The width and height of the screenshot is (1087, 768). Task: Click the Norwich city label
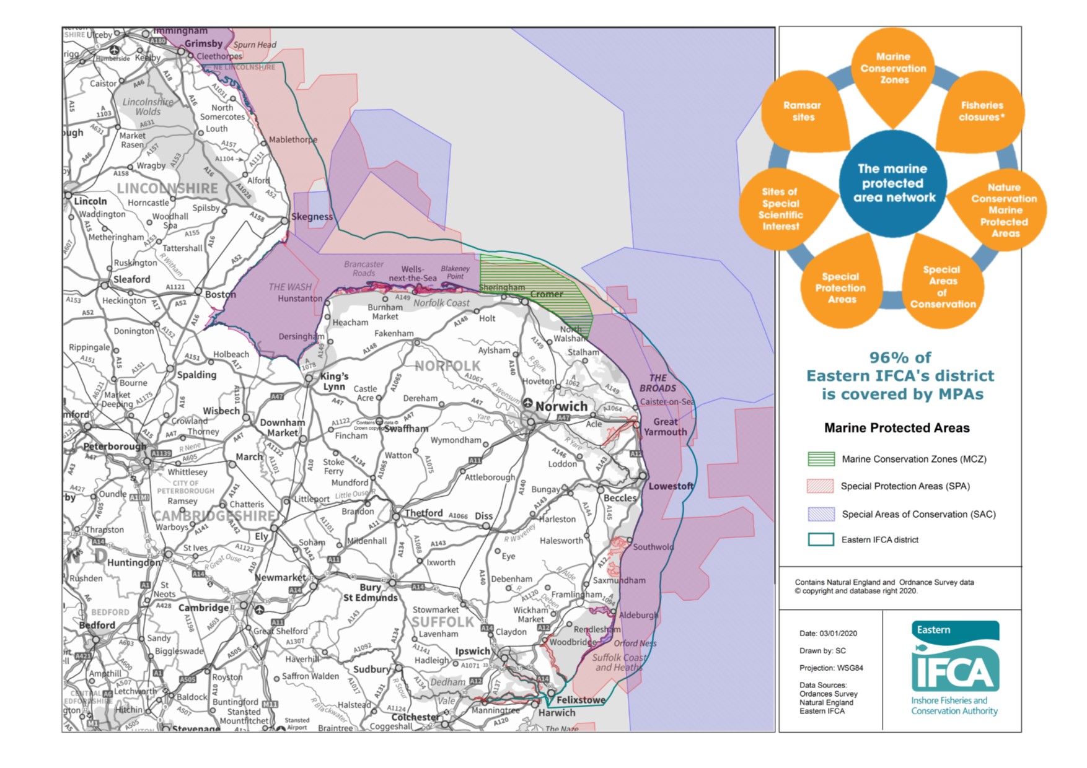click(x=561, y=406)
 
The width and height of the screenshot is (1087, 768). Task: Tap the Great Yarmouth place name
click(x=665, y=427)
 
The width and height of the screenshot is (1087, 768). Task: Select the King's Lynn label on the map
click(x=334, y=381)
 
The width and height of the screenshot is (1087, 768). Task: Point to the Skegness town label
click(x=312, y=217)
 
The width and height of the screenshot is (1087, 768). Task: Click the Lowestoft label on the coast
click(x=671, y=486)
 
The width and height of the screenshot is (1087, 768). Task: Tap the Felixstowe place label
click(x=581, y=700)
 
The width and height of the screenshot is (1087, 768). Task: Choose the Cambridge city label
click(x=203, y=608)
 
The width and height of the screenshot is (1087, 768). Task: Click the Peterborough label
click(x=115, y=446)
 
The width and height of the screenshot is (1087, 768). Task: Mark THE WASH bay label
click(x=290, y=287)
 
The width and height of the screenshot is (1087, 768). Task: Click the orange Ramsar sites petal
click(x=803, y=111)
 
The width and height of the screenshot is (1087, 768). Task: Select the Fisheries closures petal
click(x=982, y=111)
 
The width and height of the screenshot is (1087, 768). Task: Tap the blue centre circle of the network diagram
click(x=892, y=183)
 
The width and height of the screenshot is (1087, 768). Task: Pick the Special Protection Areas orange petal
click(x=840, y=288)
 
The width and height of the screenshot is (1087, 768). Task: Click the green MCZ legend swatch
click(x=821, y=459)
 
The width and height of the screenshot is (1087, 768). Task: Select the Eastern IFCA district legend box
click(x=821, y=539)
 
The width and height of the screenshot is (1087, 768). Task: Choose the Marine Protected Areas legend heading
click(x=896, y=428)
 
